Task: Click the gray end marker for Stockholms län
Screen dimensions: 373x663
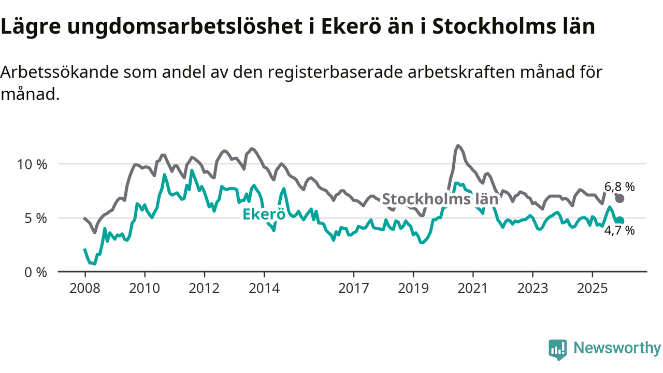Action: [619, 198]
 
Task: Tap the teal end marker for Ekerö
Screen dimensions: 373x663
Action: [619, 221]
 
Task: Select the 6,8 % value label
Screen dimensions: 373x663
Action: [619, 187]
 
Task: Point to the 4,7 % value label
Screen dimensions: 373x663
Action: [619, 231]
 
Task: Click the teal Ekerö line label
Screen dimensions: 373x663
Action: [264, 214]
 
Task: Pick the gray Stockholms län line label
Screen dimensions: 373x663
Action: [440, 199]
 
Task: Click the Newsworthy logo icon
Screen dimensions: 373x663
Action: [557, 349]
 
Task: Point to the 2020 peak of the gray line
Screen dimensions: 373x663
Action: [458, 146]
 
